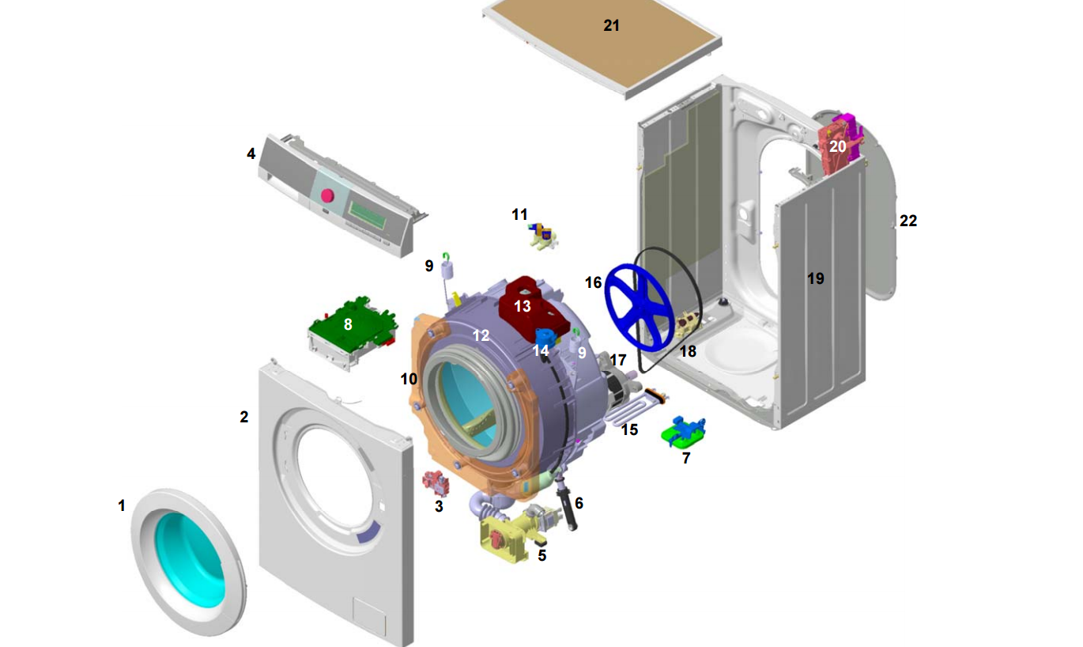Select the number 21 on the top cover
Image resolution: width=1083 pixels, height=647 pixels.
(611, 25)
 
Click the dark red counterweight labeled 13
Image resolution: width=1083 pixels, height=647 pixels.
(523, 305)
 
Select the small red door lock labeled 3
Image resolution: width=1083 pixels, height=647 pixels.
(434, 482)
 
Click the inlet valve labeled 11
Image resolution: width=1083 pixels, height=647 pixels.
(543, 235)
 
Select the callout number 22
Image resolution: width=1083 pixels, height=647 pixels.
(908, 221)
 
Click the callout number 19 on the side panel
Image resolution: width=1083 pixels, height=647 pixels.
(815, 278)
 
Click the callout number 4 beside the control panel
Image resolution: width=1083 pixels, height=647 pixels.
(251, 153)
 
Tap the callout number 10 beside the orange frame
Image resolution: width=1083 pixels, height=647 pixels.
(409, 379)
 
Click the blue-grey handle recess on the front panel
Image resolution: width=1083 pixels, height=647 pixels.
(369, 535)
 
